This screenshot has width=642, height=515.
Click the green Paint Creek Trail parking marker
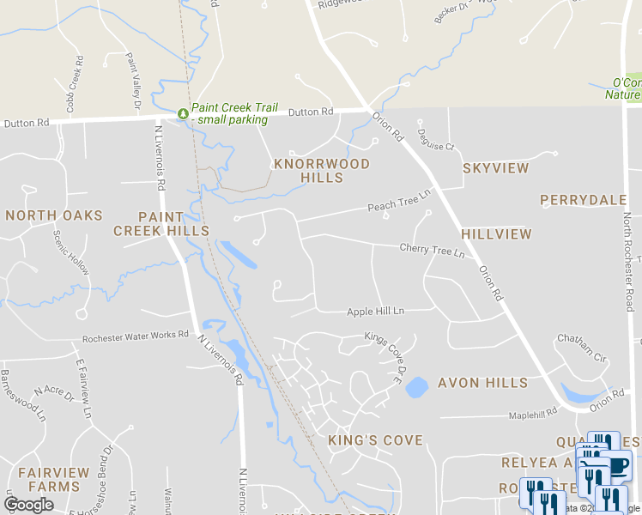[182, 113]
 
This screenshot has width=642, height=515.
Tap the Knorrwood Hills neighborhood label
[322, 171]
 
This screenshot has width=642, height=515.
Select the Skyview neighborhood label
[496, 168]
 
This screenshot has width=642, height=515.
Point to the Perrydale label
[584, 200]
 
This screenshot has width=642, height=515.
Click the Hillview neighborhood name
[496, 233]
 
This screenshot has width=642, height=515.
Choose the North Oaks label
[53, 215]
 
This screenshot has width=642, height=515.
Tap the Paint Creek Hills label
[161, 223]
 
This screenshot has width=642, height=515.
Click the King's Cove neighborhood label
[376, 440]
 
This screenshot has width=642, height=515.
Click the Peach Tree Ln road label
[398, 205]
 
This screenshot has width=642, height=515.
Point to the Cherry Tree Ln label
[432, 251]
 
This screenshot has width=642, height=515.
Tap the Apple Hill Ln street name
[375, 312]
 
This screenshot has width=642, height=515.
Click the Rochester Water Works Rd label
[135, 336]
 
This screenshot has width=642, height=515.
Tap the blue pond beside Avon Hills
[416, 387]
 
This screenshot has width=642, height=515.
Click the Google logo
[28, 505]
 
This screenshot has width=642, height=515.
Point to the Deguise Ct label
[438, 147]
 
